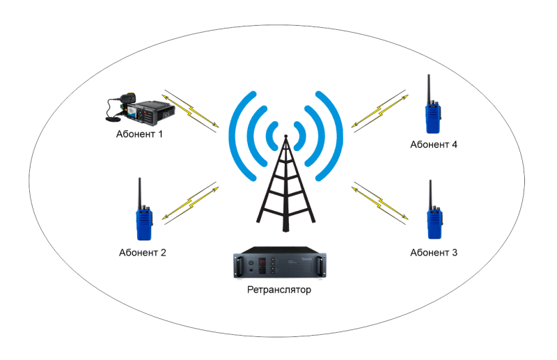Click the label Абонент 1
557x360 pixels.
140,133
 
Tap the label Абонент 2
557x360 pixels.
142,252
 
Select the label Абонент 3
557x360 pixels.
434,252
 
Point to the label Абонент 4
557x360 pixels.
434,145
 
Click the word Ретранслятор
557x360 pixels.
278,290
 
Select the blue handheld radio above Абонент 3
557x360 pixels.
434,219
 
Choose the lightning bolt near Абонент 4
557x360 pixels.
380,109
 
